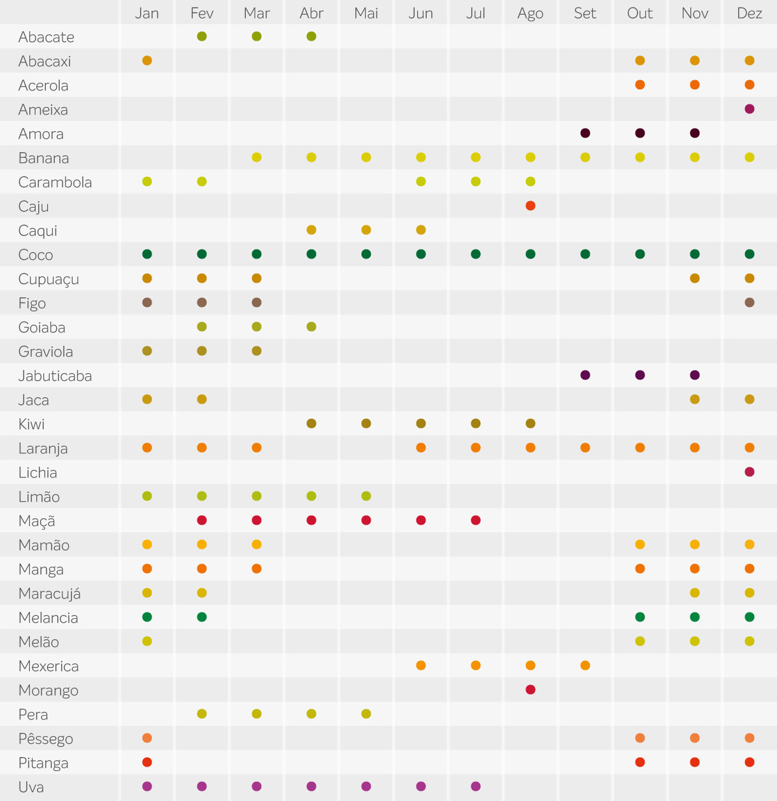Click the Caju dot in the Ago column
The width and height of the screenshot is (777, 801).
pyautogui.click(x=531, y=206)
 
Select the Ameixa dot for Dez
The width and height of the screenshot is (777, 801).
pyautogui.click(x=750, y=109)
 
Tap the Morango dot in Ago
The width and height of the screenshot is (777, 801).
pyautogui.click(x=531, y=690)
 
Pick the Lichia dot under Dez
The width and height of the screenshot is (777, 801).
pyautogui.click(x=750, y=472)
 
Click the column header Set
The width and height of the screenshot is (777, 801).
pyautogui.click(x=585, y=13)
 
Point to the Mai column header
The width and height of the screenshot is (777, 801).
pyautogui.click(x=366, y=13)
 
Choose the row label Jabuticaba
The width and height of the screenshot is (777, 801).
pyautogui.click(x=55, y=376)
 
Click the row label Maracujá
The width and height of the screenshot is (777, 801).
pyautogui.click(x=50, y=593)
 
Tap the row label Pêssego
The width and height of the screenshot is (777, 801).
pyautogui.click(x=46, y=739)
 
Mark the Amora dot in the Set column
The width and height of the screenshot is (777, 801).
pyautogui.click(x=585, y=133)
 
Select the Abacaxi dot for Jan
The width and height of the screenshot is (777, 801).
pyautogui.click(x=147, y=60)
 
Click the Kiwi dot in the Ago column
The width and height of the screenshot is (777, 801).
pyautogui.click(x=531, y=423)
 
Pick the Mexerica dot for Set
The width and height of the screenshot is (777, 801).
pyautogui.click(x=585, y=665)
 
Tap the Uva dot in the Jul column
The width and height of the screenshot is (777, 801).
pyautogui.click(x=476, y=786)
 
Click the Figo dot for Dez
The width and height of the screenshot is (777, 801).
pyautogui.click(x=750, y=302)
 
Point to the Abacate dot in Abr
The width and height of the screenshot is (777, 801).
pyautogui.click(x=311, y=36)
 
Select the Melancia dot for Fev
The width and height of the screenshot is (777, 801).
pyautogui.click(x=202, y=617)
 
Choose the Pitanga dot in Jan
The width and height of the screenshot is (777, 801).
pyautogui.click(x=147, y=762)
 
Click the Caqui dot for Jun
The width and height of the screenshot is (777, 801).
pyautogui.click(x=421, y=230)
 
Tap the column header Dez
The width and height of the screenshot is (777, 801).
pyautogui.click(x=750, y=13)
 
